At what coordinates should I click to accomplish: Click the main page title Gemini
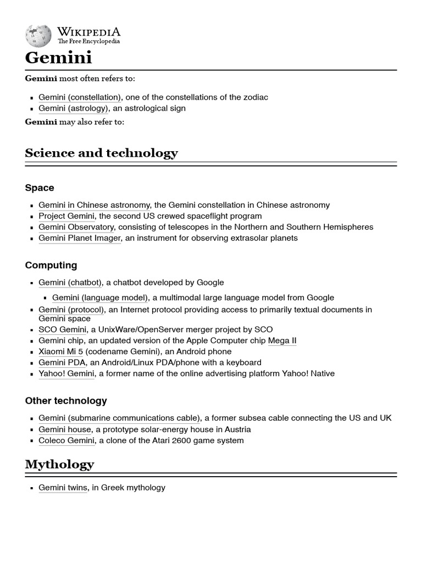[x=58, y=58]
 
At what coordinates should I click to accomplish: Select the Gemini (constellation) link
[x=80, y=97]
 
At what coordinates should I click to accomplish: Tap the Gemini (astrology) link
[x=74, y=108]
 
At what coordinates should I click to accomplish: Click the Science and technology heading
[x=101, y=153]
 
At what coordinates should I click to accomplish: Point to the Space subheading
[x=40, y=188]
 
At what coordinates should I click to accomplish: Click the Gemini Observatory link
[x=76, y=227]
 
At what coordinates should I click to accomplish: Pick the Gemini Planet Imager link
[x=79, y=238]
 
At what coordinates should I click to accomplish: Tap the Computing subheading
[x=51, y=266]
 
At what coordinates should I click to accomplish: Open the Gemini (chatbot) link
[x=70, y=283]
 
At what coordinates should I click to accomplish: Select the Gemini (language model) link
[x=100, y=298]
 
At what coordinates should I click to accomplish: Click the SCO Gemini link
[x=62, y=330]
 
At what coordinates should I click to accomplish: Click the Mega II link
[x=282, y=341]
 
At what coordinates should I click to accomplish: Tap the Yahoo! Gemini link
[x=66, y=374]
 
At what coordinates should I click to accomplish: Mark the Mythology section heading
[x=59, y=465]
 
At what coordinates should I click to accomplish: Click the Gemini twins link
[x=63, y=488]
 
